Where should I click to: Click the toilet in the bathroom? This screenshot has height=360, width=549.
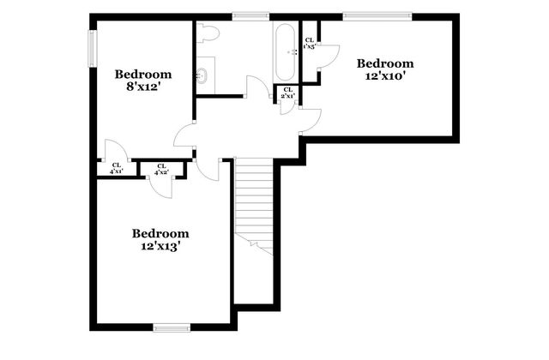208,33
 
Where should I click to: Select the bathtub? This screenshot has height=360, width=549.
285,51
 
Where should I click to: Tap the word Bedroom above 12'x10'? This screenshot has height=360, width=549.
385,63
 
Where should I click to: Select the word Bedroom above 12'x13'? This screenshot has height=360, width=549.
160,233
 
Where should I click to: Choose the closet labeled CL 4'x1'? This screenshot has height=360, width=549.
115,169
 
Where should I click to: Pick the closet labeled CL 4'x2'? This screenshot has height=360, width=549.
161,169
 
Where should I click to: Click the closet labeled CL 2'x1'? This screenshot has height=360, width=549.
287,93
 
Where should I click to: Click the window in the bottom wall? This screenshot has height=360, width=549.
171,327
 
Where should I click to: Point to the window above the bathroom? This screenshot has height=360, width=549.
250,15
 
